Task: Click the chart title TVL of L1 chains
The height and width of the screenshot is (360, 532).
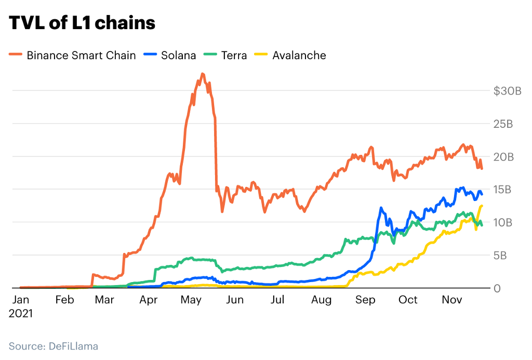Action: [82, 23]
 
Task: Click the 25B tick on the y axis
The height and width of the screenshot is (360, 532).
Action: [503, 124]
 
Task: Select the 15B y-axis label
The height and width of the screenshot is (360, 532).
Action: [503, 190]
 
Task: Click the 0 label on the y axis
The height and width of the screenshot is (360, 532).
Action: [497, 288]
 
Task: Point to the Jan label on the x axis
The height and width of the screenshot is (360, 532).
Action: [21, 300]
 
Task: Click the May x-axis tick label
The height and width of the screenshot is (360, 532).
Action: [192, 300]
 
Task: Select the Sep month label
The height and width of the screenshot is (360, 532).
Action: [366, 300]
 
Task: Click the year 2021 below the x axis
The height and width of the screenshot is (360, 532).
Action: [21, 314]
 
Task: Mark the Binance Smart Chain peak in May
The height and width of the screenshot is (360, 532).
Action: [202, 74]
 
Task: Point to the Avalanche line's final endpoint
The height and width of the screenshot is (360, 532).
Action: [482, 206]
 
